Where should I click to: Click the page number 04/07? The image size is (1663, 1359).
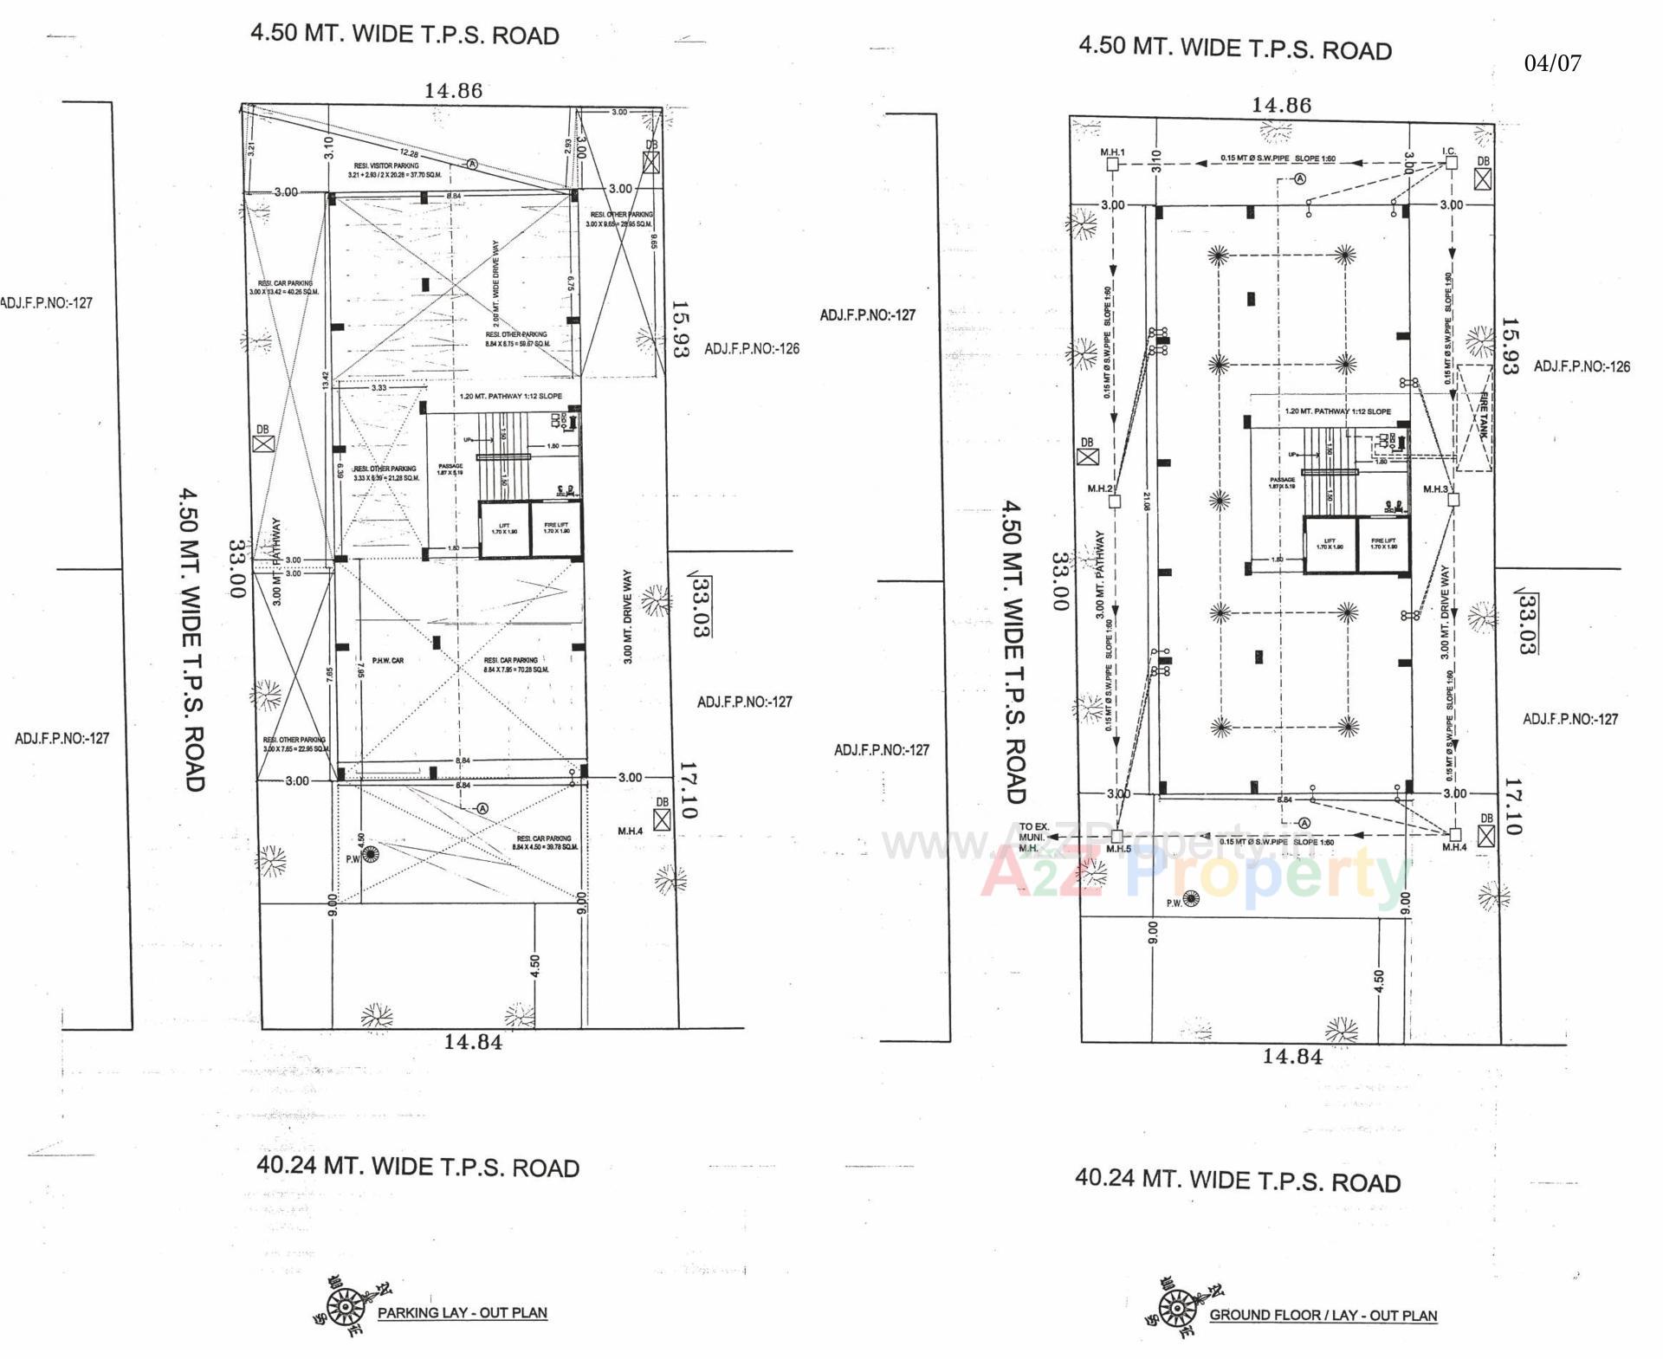(1552, 63)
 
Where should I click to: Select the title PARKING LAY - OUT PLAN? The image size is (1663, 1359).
(462, 1312)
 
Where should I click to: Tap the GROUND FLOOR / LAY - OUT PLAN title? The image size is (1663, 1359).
(1323, 1315)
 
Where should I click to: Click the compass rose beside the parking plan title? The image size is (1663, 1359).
(344, 1305)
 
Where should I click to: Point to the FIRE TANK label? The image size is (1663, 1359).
(1482, 417)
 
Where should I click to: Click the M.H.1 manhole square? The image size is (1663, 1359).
(1113, 164)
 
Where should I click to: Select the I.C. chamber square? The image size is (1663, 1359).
(1452, 163)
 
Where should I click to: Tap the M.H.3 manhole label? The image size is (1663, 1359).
(1435, 489)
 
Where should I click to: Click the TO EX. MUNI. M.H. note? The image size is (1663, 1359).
(1033, 838)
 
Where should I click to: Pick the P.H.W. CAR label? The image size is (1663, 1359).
(388, 661)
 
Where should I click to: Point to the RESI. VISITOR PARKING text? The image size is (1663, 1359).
(386, 165)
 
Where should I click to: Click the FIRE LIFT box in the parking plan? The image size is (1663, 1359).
(556, 528)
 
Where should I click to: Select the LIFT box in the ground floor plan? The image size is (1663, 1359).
(1330, 544)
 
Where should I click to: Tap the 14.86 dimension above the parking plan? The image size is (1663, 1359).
(453, 91)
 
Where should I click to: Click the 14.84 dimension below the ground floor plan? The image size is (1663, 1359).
(1292, 1057)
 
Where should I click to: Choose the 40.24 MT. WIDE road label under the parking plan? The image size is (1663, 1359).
(417, 1167)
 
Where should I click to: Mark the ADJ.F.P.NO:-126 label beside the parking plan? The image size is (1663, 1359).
(751, 349)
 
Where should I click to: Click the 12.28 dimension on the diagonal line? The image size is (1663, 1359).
(409, 153)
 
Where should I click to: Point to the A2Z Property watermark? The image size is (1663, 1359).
(1195, 873)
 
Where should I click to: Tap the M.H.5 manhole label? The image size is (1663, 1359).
(1118, 850)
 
